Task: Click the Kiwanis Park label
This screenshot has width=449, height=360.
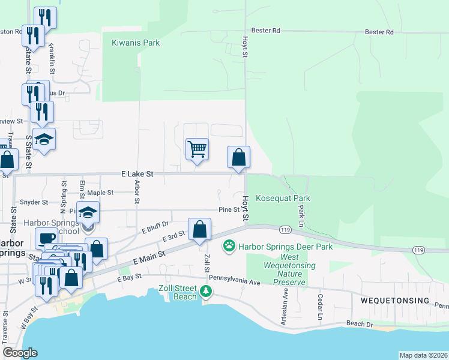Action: (x=136, y=43)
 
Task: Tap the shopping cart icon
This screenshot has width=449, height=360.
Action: (x=197, y=148)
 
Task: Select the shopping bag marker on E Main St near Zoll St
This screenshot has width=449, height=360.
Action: (x=200, y=229)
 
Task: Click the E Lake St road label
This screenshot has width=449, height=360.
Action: (x=137, y=173)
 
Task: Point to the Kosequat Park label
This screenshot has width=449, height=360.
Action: (x=283, y=198)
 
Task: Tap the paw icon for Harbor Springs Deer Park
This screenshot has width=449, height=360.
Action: (x=229, y=245)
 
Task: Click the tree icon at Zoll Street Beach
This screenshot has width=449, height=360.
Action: (x=206, y=291)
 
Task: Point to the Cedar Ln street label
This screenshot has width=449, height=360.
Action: (x=320, y=307)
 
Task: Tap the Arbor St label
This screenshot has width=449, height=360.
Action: (x=137, y=191)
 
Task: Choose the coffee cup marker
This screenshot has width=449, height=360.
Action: (x=46, y=238)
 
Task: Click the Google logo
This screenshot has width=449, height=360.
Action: (x=20, y=353)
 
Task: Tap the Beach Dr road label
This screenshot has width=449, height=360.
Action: (x=360, y=324)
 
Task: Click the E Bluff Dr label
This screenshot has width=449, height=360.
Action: (x=155, y=226)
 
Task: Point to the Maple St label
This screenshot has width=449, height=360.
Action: (x=100, y=193)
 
